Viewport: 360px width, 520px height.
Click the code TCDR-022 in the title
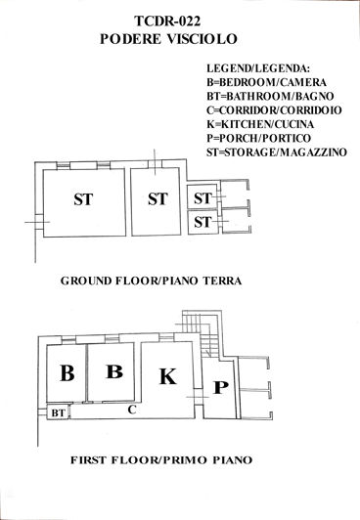click(x=178, y=21)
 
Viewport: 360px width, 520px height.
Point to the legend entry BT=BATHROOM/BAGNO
click(x=269, y=97)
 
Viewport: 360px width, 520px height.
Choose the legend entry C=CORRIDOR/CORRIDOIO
click(x=274, y=110)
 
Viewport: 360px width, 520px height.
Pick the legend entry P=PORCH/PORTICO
click(x=259, y=138)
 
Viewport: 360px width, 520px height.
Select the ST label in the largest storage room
click(x=85, y=200)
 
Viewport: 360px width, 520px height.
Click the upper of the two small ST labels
click(x=202, y=198)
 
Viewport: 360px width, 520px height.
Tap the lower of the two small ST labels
click(x=202, y=222)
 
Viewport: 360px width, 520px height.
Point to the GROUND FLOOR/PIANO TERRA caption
click(x=151, y=281)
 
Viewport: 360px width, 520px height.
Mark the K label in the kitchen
click(x=167, y=375)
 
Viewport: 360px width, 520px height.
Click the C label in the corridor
click(x=131, y=411)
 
